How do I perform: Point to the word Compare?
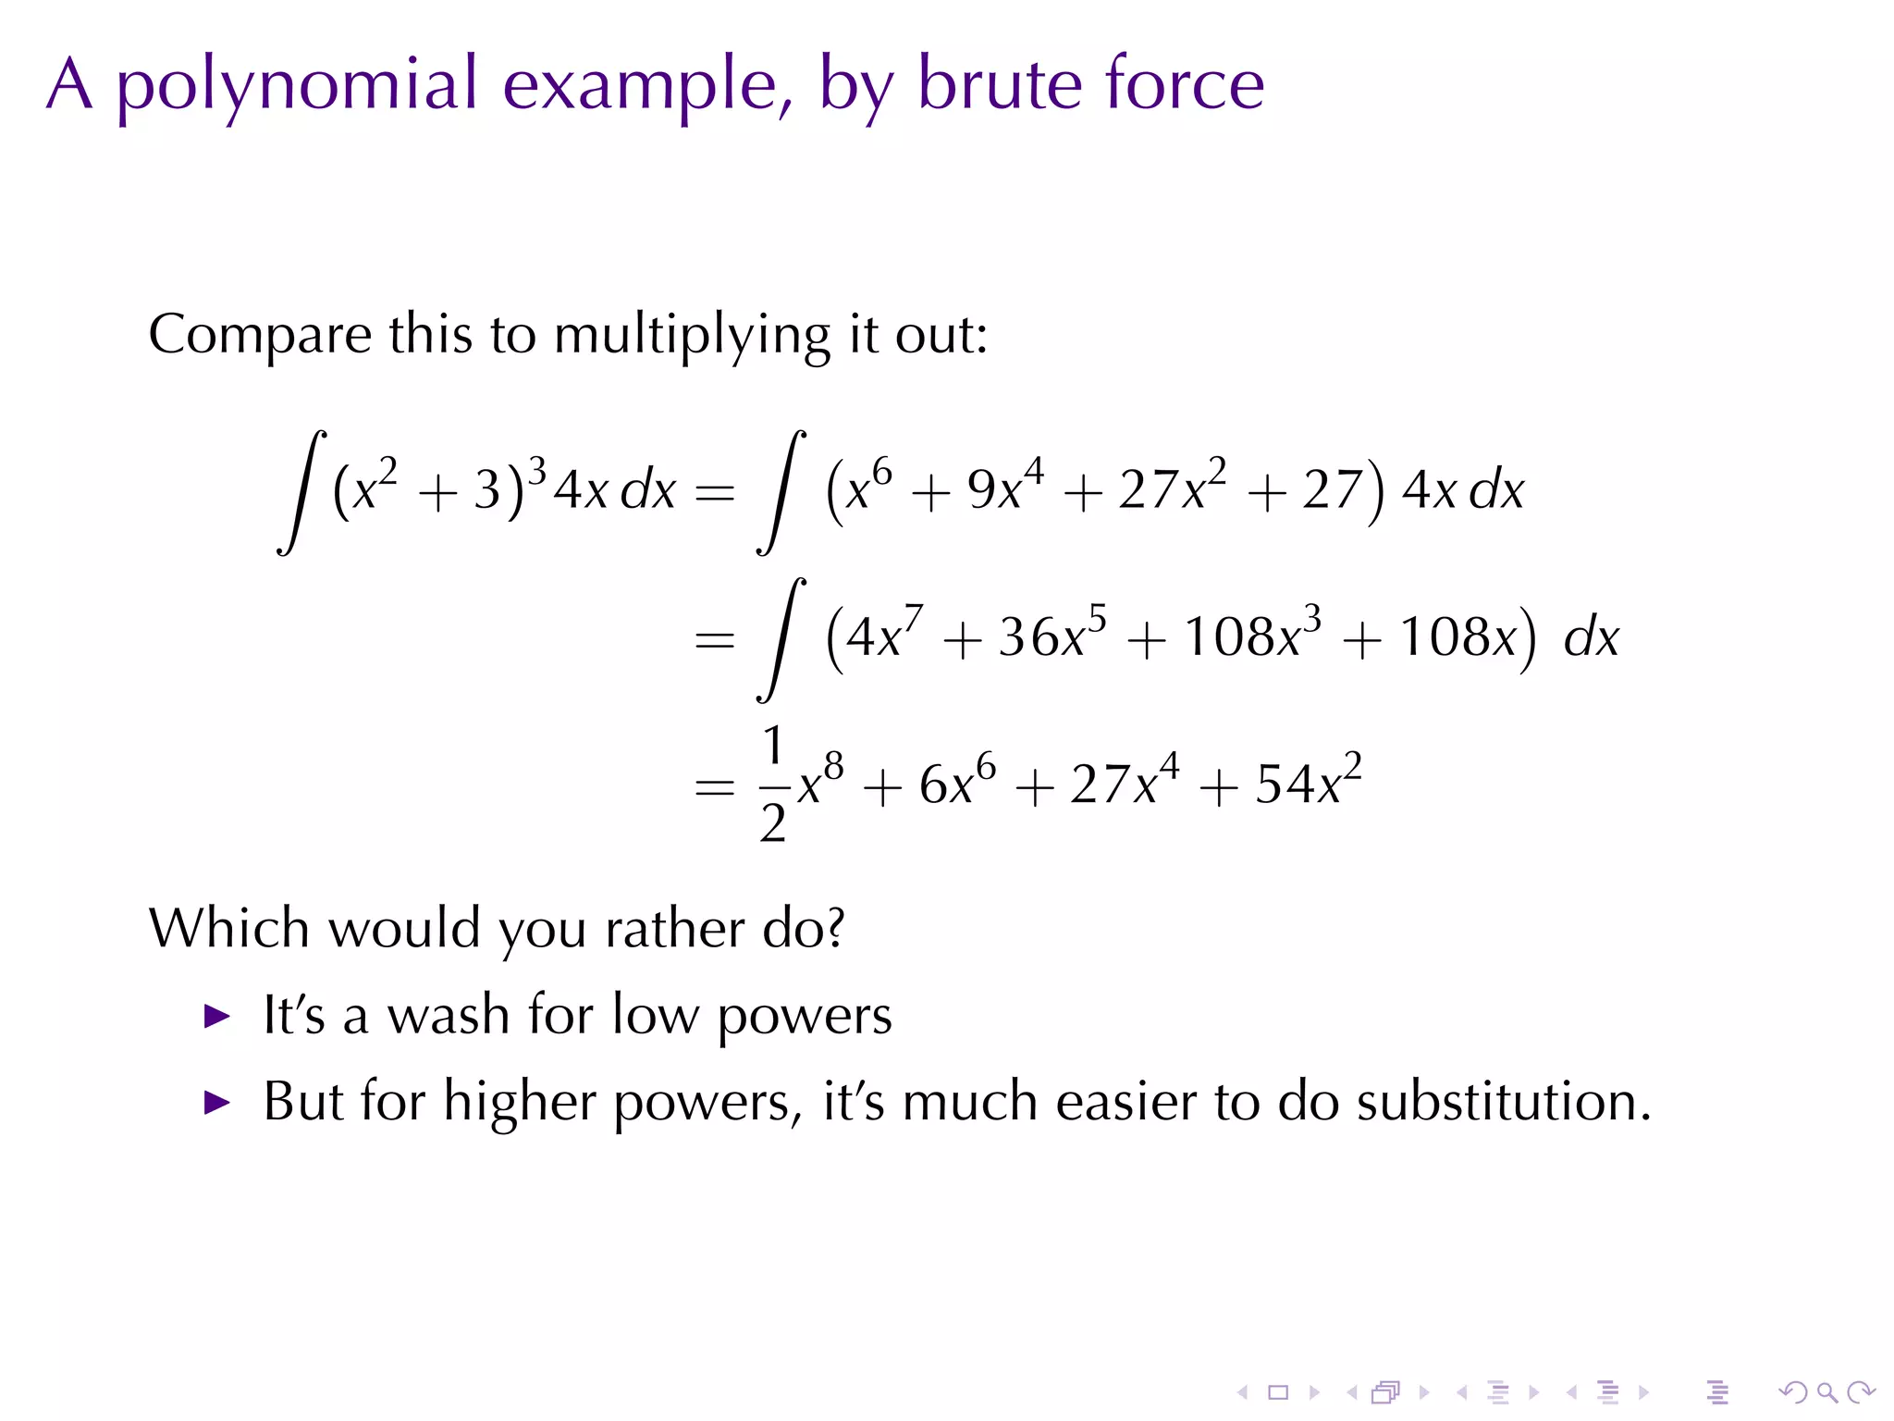(259, 335)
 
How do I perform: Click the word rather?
(674, 928)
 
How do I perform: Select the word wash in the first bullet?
(448, 1016)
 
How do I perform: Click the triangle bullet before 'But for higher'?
(216, 1103)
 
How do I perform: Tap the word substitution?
(1503, 1102)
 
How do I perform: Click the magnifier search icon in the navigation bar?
(1826, 1392)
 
